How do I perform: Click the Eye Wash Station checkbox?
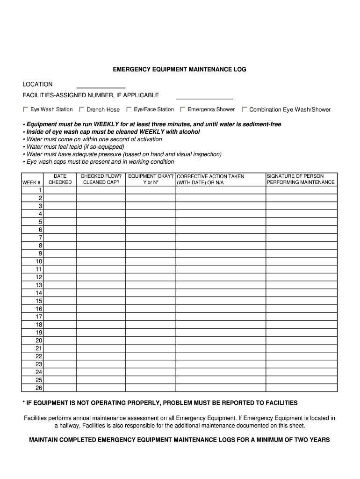point(26,109)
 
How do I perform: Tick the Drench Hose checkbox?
point(82,109)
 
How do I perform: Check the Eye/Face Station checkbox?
point(129,109)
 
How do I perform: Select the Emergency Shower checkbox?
point(183,109)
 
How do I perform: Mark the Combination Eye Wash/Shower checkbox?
point(245,109)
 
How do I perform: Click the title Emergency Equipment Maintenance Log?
point(180,69)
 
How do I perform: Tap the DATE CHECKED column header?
point(60,179)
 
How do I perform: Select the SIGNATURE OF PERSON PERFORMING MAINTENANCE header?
point(301,179)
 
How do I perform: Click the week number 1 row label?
point(40,190)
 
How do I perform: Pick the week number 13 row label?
point(39,285)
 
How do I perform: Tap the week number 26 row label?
point(39,388)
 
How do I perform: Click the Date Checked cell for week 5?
point(60,222)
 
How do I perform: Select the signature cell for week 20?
point(301,340)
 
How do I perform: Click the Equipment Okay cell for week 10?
point(151,261)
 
